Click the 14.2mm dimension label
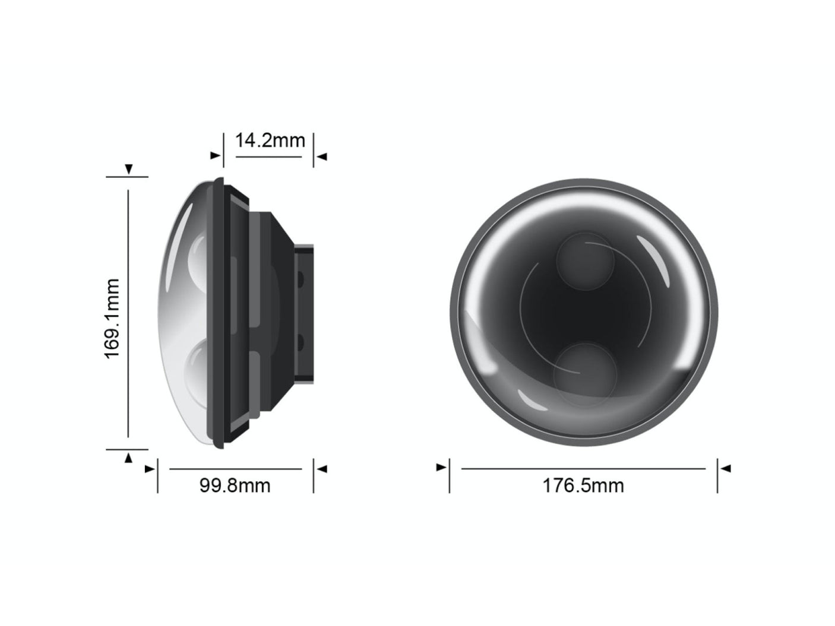pyautogui.click(x=270, y=141)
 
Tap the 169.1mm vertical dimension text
pyautogui.click(x=112, y=318)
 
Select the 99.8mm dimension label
pyautogui.click(x=235, y=485)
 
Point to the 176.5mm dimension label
pyautogui.click(x=583, y=485)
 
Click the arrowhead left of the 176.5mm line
pyautogui.click(x=441, y=468)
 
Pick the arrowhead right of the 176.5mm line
pyautogui.click(x=726, y=468)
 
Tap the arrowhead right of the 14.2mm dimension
pyautogui.click(x=322, y=157)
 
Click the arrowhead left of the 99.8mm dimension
pyautogui.click(x=149, y=469)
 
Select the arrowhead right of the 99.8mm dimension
pyautogui.click(x=322, y=469)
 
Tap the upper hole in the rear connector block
pyautogui.click(x=301, y=278)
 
